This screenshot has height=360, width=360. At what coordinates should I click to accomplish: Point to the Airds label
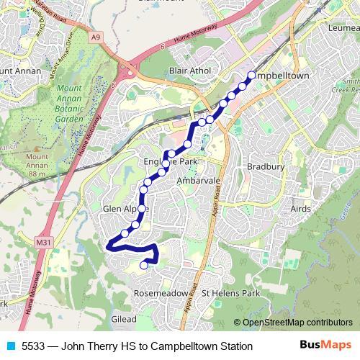pyautogui.click(x=301, y=208)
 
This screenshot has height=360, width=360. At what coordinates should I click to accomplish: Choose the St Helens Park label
pyautogui.click(x=230, y=294)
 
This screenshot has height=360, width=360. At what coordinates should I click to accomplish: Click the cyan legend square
pyautogui.click(x=9, y=346)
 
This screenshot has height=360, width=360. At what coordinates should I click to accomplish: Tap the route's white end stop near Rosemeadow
pyautogui.click(x=143, y=265)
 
